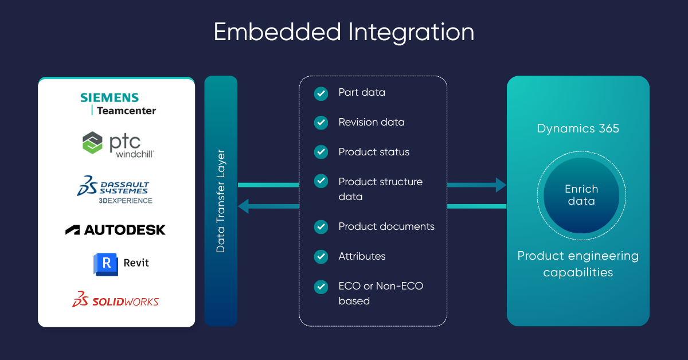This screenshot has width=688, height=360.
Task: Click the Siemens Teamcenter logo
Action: (x=118, y=104)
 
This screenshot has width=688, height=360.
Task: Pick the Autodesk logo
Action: (x=115, y=230)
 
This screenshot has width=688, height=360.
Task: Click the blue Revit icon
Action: (x=105, y=264)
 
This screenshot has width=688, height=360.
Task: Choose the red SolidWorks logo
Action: (x=115, y=300)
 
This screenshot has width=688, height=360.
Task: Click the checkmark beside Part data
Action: (x=321, y=93)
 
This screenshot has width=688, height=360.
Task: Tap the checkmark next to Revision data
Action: (x=321, y=123)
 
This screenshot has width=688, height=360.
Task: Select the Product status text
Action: (x=374, y=152)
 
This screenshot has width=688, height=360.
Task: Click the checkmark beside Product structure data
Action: (x=321, y=182)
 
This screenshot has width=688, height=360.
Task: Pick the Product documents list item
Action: (x=386, y=226)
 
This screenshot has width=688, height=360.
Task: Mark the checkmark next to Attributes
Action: (x=321, y=256)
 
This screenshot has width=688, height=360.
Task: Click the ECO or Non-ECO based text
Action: (x=381, y=293)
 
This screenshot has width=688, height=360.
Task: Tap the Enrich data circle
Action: (x=581, y=195)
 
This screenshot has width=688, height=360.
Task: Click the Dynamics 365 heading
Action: (x=578, y=128)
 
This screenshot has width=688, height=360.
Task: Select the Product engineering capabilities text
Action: (x=578, y=264)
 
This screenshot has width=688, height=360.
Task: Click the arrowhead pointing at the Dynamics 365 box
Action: (x=501, y=185)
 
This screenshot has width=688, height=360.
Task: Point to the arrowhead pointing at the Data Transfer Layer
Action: (x=244, y=206)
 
